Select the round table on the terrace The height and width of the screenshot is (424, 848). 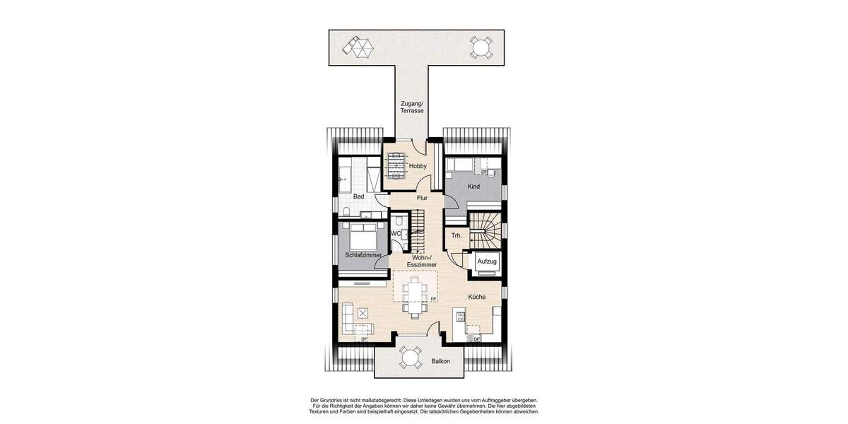(481, 49)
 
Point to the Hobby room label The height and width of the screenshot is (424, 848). (418, 166)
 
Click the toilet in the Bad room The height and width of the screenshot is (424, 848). (346, 210)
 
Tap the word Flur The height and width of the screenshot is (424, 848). (422, 198)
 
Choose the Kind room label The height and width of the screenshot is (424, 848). (473, 187)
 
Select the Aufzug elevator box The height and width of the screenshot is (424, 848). (488, 261)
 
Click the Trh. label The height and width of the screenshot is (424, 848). (457, 235)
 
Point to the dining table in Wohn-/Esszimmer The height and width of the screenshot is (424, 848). (414, 295)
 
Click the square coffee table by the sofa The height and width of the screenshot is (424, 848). (363, 312)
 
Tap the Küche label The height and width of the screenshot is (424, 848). (476, 297)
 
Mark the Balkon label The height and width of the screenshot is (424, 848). (440, 363)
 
